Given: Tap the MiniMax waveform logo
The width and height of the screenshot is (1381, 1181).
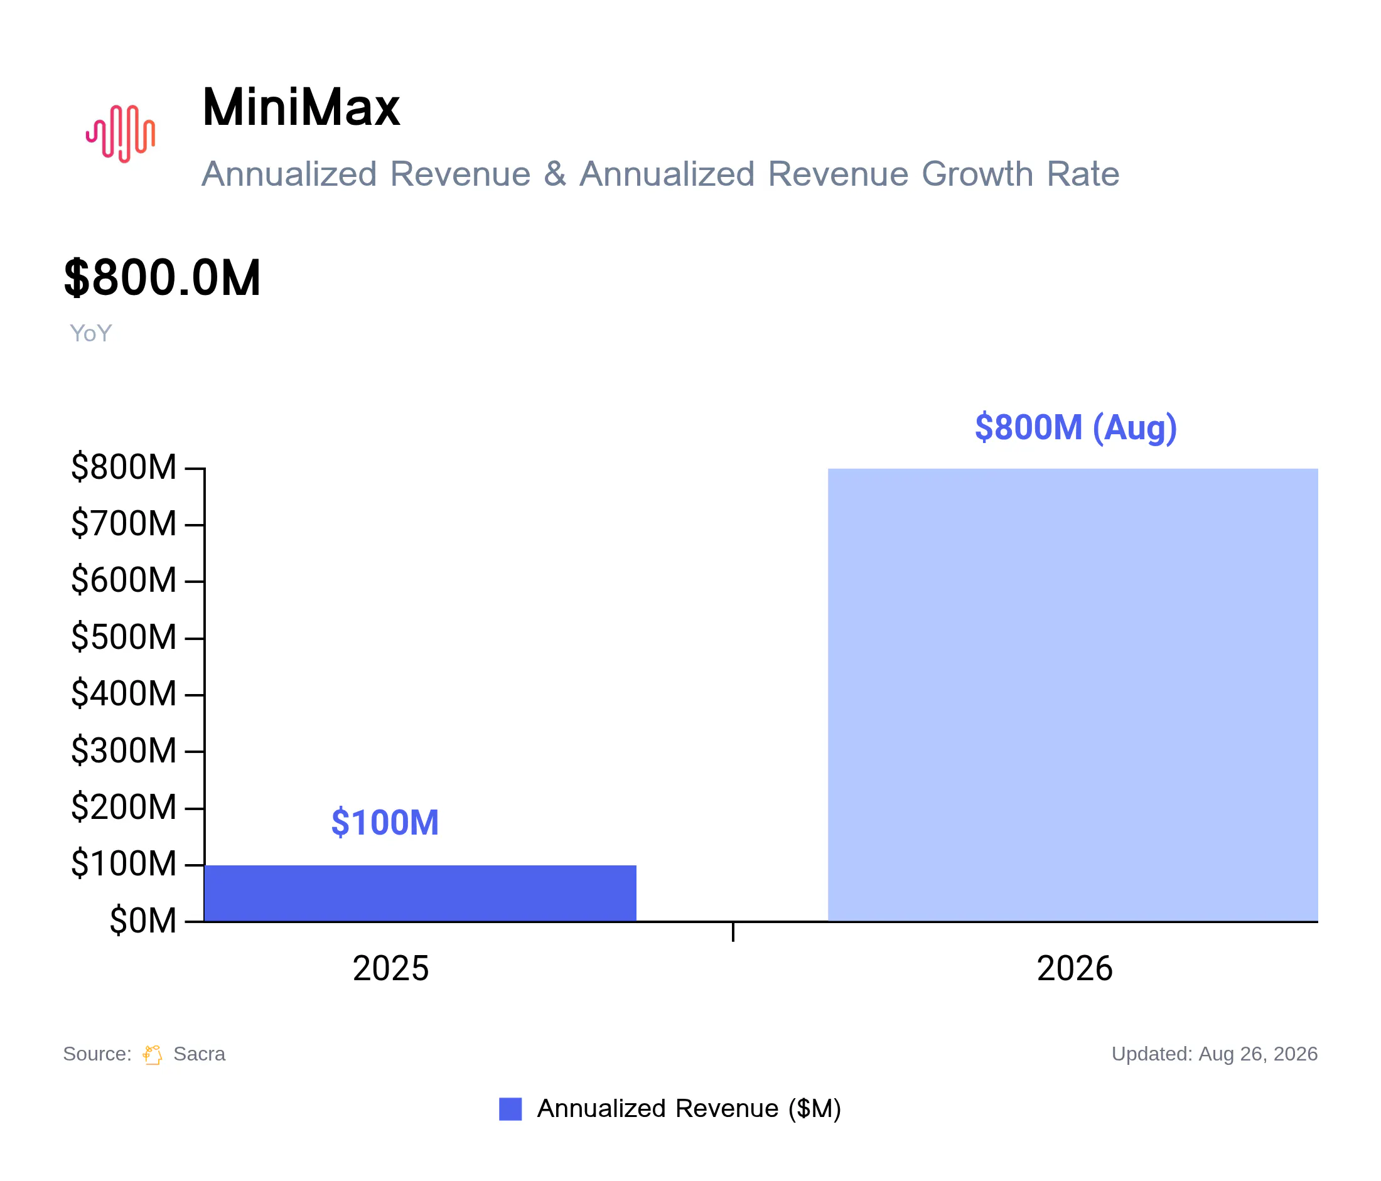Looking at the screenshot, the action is (121, 134).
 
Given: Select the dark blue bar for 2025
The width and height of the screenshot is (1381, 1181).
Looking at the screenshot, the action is (421, 893).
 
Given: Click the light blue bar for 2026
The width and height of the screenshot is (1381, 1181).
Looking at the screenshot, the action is (1073, 695).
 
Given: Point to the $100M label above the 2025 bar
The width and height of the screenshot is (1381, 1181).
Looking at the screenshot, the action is (385, 822).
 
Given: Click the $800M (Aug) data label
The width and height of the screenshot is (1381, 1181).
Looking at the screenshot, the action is (1076, 427).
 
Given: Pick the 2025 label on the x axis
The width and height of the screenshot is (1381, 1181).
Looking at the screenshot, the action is (390, 968).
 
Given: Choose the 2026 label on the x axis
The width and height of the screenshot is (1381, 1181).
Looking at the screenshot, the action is (1075, 968).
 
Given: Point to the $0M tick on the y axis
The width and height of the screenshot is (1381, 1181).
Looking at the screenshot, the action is (143, 921).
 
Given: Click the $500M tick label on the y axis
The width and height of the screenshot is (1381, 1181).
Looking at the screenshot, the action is (124, 637).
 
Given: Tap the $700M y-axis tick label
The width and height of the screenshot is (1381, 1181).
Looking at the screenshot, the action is (124, 523).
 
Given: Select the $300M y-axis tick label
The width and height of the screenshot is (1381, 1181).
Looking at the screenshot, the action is (124, 751).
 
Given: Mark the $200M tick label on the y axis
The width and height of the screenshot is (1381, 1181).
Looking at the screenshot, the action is (124, 808).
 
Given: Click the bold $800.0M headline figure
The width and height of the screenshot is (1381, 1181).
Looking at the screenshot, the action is (162, 278).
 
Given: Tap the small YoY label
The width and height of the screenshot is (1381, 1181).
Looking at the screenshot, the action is (90, 333).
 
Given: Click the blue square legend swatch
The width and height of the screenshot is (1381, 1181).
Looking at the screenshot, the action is (510, 1109).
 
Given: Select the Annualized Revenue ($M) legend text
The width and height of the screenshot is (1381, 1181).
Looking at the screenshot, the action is (689, 1109).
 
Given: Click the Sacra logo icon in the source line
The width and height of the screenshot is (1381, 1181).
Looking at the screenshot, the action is (153, 1055).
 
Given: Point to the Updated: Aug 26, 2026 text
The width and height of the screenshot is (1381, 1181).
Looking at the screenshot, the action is (1215, 1054).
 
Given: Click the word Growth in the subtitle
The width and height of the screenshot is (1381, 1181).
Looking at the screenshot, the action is (978, 174).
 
